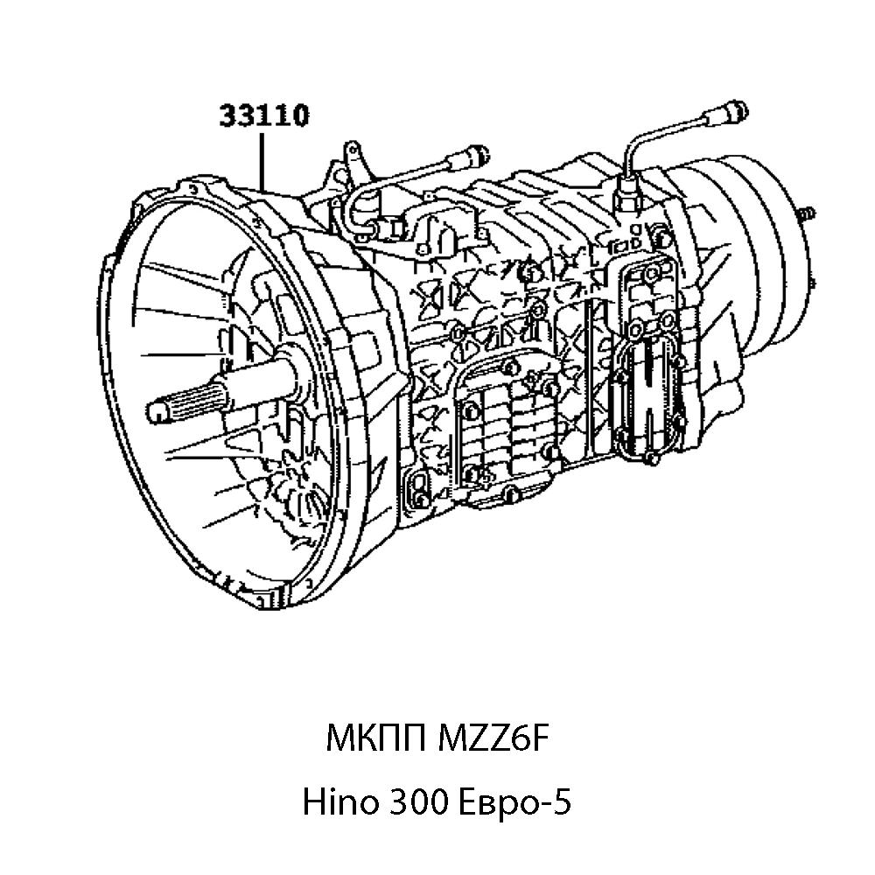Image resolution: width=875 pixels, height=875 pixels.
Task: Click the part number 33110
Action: pyautogui.click(x=262, y=115)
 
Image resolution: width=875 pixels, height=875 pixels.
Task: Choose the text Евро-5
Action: pyautogui.click(x=515, y=801)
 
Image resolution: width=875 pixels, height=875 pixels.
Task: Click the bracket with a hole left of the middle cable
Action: pyautogui.click(x=353, y=153)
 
